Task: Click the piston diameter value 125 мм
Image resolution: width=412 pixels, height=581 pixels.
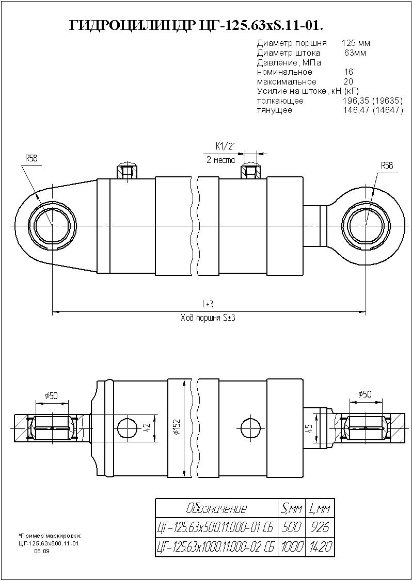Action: [x=356, y=43]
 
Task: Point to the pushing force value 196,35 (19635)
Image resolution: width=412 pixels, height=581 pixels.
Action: [x=373, y=101]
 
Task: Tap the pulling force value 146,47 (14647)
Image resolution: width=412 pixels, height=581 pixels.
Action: [x=373, y=110]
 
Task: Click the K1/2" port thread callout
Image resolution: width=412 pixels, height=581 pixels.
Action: [x=225, y=146]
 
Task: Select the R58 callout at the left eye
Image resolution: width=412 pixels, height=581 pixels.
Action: [x=31, y=158]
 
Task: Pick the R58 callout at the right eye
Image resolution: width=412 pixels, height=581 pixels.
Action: [x=387, y=165]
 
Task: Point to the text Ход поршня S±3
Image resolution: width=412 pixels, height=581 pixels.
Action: [x=208, y=318]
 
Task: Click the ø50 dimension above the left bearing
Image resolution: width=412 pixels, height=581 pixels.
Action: [x=51, y=395]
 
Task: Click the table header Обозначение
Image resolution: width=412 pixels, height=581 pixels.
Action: [x=216, y=509]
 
